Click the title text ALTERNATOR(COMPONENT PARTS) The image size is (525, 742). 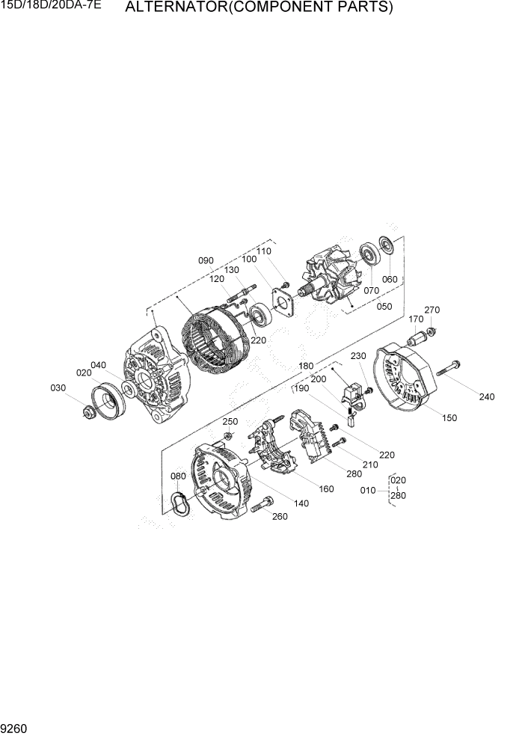click(259, 8)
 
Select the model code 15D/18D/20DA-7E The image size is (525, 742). click(51, 7)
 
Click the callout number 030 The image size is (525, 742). click(58, 387)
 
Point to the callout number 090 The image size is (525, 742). click(206, 260)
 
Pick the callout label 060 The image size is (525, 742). click(390, 279)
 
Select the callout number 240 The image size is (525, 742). click(487, 396)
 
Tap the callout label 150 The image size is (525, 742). click(449, 418)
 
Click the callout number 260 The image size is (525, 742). click(279, 516)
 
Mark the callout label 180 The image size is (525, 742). click(306, 367)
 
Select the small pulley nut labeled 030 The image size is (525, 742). click(88, 411)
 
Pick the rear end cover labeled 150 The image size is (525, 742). click(407, 378)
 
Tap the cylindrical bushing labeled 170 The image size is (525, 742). click(415, 343)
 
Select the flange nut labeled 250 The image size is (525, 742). click(227, 435)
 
